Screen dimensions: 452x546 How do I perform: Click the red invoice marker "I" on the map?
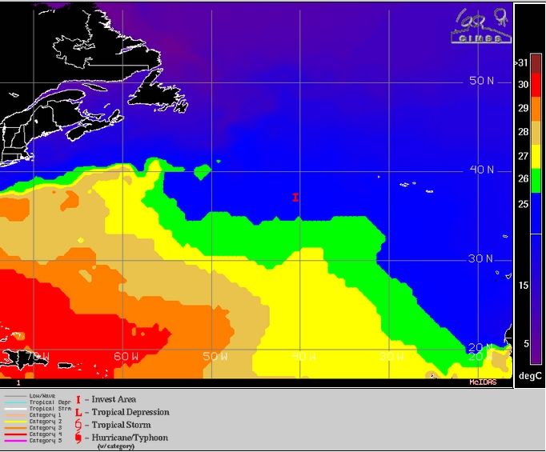pos(295,197)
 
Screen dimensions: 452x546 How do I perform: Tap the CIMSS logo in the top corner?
pos(480,27)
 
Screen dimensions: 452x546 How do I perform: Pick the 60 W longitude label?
pos(126,356)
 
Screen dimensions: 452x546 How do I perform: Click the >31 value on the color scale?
pos(522,62)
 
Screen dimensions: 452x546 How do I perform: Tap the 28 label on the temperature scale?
pos(523,132)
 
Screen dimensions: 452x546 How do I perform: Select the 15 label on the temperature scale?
pos(523,286)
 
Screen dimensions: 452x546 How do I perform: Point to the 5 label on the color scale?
pos(525,343)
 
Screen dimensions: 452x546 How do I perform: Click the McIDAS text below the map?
pos(484,382)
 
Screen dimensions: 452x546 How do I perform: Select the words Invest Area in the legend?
pos(114,399)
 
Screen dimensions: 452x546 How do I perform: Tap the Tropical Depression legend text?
pos(130,412)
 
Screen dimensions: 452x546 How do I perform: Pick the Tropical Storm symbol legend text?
pos(121,425)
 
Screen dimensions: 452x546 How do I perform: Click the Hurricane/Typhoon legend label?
pos(130,438)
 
